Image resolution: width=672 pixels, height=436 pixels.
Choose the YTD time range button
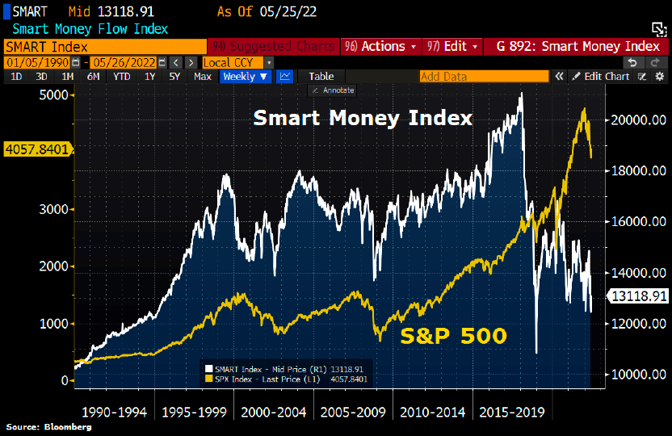tap(121, 77)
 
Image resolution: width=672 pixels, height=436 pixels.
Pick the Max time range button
tap(203, 77)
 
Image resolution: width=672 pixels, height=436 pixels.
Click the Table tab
tap(321, 77)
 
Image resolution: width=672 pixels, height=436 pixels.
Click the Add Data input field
tap(481, 77)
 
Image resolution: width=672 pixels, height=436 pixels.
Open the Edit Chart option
tap(601, 77)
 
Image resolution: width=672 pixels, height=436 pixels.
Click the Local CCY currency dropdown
tap(237, 62)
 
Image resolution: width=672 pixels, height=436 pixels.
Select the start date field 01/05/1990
tap(38, 62)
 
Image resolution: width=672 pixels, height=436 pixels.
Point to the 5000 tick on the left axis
tap(52, 94)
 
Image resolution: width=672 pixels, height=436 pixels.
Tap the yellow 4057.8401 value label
tap(37, 149)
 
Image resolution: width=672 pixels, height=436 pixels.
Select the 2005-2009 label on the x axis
tap(352, 412)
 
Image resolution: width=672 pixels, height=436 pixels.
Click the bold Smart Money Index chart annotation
tap(363, 119)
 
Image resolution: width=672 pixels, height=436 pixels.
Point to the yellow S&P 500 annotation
tap(453, 336)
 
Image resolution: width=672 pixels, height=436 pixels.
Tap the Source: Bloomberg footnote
tap(48, 426)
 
